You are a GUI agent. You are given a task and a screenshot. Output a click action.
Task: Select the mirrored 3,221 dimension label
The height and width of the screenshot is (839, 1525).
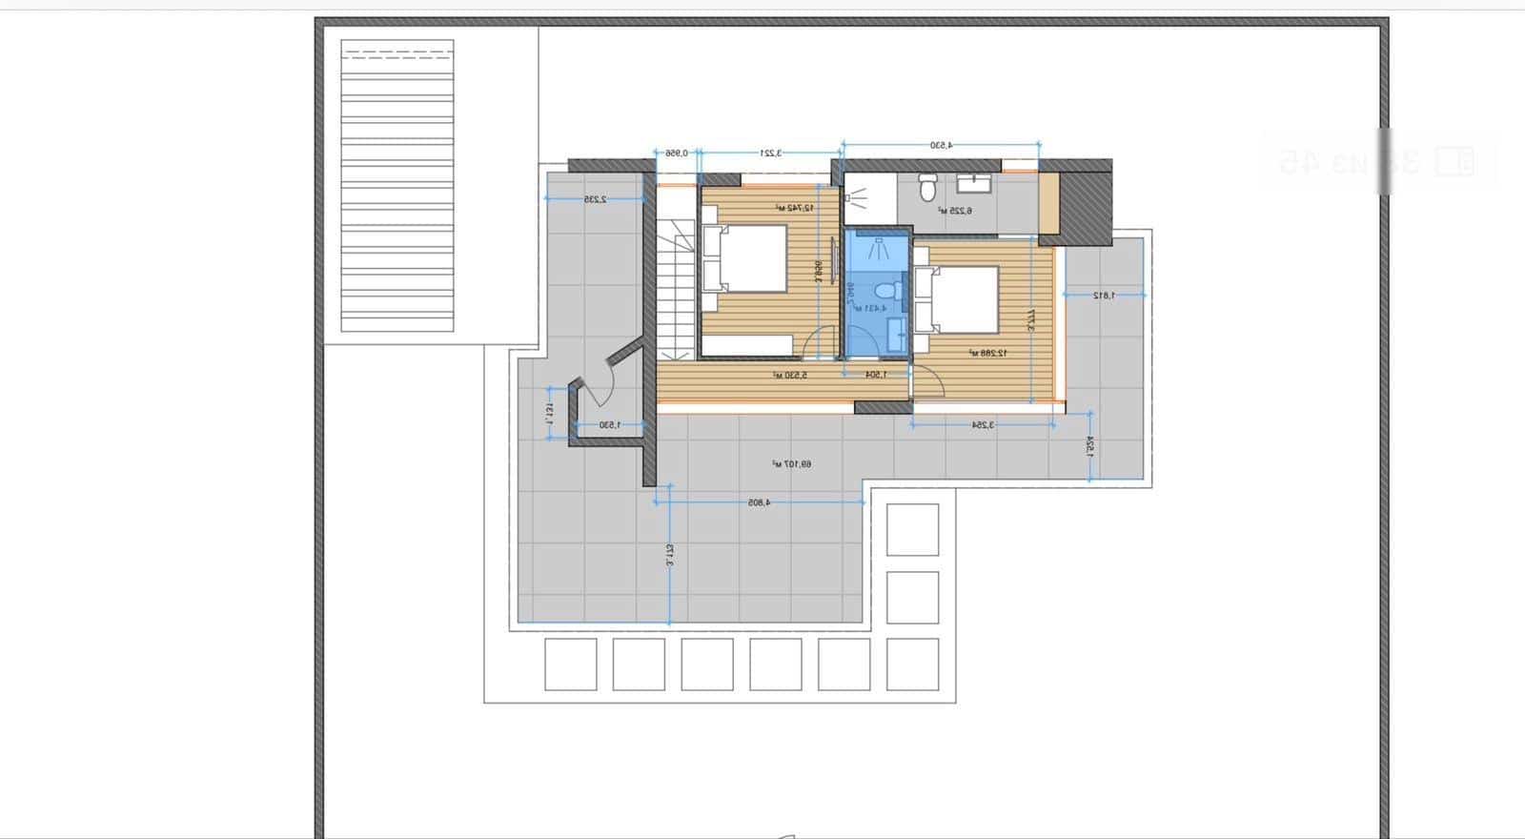(x=770, y=153)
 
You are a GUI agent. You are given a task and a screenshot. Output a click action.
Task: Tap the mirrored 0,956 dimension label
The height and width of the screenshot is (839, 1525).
(x=676, y=153)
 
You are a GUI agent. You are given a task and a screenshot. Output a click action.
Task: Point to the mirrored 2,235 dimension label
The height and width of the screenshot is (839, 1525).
(x=596, y=199)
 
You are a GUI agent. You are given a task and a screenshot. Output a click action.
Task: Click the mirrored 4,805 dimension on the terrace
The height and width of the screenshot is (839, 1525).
(x=759, y=501)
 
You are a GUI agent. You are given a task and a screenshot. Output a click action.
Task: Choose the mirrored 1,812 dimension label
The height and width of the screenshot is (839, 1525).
(x=1104, y=296)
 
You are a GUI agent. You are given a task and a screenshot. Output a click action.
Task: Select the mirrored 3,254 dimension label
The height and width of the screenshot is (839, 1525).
(x=983, y=425)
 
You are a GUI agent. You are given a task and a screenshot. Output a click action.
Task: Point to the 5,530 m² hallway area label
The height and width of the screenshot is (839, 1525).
(x=790, y=376)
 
